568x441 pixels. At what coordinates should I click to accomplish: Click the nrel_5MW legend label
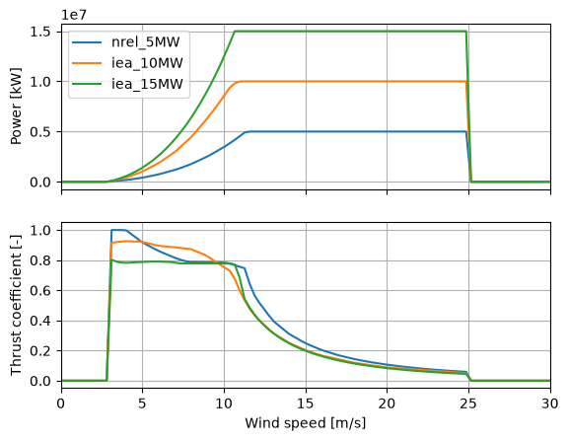click(x=145, y=42)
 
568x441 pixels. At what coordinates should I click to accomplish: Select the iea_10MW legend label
click(x=147, y=63)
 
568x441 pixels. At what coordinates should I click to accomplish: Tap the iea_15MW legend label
click(x=147, y=84)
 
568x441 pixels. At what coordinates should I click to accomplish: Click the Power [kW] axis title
click(x=16, y=107)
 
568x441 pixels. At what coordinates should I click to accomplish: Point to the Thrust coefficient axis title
click(x=16, y=306)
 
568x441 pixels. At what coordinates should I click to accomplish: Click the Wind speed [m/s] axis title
click(x=306, y=423)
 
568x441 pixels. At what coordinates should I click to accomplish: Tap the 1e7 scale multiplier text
click(x=74, y=15)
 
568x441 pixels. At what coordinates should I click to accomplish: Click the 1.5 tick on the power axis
click(x=40, y=32)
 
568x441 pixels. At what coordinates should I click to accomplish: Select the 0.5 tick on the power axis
click(x=40, y=132)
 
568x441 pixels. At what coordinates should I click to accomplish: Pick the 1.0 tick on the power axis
click(x=40, y=82)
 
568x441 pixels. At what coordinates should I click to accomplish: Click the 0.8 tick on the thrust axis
click(x=40, y=260)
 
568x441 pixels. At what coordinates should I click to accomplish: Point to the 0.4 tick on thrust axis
click(x=40, y=321)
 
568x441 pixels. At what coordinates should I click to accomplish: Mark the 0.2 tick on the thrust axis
click(x=40, y=351)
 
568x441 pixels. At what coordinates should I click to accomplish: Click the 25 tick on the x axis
click(x=468, y=404)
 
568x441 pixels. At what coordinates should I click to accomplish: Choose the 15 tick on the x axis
click(x=306, y=404)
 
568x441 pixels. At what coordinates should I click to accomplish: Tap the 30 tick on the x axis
click(x=550, y=404)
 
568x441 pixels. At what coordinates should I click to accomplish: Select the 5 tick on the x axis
click(x=142, y=404)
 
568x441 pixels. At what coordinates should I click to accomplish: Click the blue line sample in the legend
click(x=87, y=42)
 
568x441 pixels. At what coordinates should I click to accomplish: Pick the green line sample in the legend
click(x=87, y=85)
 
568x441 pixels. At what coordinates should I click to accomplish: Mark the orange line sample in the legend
click(x=87, y=63)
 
